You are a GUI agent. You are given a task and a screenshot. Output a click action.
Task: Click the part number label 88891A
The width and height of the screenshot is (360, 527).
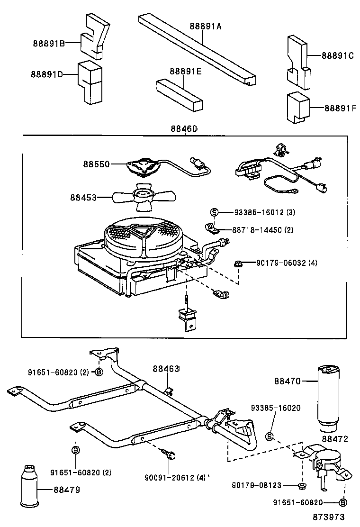pos(206,27)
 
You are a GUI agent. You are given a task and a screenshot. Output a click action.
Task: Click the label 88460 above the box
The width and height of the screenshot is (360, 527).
pos(184,128)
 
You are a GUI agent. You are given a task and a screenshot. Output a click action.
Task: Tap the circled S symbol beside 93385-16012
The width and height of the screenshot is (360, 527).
pos(214,212)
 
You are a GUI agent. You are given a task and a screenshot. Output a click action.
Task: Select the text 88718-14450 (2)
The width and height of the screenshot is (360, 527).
pos(263,230)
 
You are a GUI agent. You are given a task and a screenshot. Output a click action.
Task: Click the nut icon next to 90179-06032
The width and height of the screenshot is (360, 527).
pos(238,263)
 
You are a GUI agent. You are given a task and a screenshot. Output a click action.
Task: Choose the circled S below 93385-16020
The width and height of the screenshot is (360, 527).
pos(270,436)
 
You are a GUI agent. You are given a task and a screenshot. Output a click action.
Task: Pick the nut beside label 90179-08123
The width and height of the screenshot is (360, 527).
pos(302,486)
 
